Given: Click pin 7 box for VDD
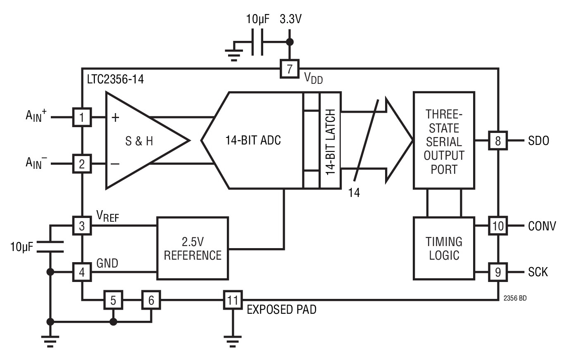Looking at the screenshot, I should coord(289,69).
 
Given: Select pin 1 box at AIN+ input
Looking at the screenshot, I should coord(82,118).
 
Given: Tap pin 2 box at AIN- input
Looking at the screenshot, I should coord(82,164).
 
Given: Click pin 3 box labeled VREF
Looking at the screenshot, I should coord(82,225).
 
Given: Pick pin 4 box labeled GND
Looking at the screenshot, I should coord(82,272).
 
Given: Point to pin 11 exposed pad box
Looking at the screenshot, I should coord(233,300).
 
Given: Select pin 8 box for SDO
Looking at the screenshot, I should coord(498,141).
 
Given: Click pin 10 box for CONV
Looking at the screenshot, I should coord(498,226).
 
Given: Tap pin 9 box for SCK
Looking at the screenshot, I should coord(498,272).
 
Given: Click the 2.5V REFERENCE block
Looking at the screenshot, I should coord(192,249).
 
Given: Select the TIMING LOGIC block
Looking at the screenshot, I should coord(444,248).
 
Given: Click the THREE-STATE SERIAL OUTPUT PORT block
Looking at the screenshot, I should coord(444,140).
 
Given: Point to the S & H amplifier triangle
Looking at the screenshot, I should coord(140,141).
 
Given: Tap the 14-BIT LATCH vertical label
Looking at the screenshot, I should coord(329,140).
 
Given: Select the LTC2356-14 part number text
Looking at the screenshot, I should coord(115,80).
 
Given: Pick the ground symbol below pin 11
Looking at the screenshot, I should coord(233,340).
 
